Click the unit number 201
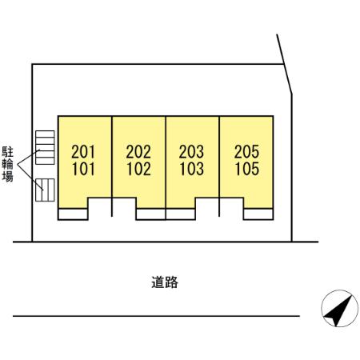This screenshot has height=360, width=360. pos(83,151)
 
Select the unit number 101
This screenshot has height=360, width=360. pos(83,169)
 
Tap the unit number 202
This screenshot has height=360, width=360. pos(138,151)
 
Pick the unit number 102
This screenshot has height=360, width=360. pos(138,169)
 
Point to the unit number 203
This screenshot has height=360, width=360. pos(192,151)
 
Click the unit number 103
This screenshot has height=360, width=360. pos(192,169)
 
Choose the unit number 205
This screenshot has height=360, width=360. pos(247,151)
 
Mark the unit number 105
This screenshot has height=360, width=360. pos(247,169)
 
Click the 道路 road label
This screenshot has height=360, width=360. pos(164,282)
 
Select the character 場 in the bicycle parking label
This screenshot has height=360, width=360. pos(8,178)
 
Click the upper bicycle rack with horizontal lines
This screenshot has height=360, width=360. pos(44,149)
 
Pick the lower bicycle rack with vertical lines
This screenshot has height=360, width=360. pos(46,189)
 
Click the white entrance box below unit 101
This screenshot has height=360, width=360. pos(72,214)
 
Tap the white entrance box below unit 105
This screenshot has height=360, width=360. pos(259,214)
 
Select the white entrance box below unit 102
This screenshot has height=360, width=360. pos(150,214)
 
